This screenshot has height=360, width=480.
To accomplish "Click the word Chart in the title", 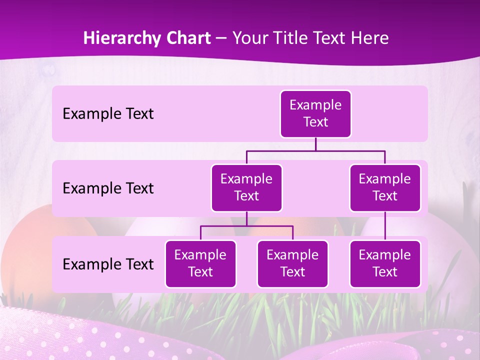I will pos(186,38).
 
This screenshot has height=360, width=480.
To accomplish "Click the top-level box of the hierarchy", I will pos(315,114).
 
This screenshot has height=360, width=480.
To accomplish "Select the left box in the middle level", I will pos(246,188).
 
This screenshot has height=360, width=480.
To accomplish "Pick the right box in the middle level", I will pos(385,188).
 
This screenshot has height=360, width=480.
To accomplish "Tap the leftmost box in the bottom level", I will pos(200,264).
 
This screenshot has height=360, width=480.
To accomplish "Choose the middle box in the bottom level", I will pos(292,264).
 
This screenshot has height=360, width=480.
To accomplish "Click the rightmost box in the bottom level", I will pos(385,264).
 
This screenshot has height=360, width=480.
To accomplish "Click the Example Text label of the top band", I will pos(108,114).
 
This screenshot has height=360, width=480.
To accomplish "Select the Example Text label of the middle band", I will pos(108,188).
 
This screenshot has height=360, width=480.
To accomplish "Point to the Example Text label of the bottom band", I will pos(108,264).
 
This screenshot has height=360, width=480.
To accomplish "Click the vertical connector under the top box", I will pos(315,144).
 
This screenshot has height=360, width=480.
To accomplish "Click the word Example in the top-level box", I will pos(315,105).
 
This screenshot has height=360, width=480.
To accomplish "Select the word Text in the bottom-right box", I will pos(385,272).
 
